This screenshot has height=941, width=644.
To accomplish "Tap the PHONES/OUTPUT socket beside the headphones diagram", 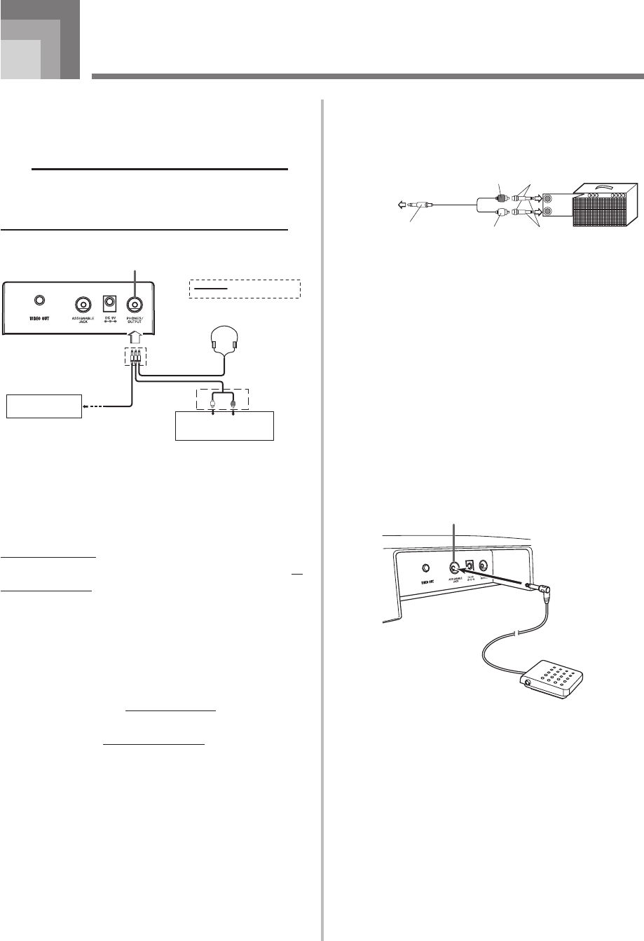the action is (135, 305).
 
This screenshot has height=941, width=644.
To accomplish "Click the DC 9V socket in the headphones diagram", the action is (109, 304).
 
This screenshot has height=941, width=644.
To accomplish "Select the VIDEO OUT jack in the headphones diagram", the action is (40, 301).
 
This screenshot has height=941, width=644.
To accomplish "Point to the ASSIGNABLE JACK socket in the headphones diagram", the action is (83, 305).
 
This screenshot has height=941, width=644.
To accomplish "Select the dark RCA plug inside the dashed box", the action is (233, 403).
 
